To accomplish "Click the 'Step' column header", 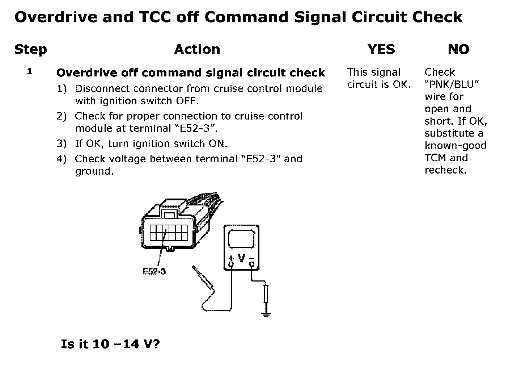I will tap(30, 50).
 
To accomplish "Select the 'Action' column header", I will tap(197, 49).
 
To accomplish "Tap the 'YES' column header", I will tap(381, 49).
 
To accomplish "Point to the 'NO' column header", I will tap(458, 49).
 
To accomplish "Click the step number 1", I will tap(30, 71).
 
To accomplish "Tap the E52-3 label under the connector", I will tap(154, 271).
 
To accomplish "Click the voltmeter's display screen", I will tap(241, 239).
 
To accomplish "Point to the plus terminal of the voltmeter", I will tap(231, 264).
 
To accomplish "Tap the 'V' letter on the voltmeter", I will tap(241, 259).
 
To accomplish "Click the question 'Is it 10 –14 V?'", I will tap(110, 344).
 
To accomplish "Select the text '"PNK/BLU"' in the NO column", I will tap(452, 84).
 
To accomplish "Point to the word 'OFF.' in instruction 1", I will tap(187, 101).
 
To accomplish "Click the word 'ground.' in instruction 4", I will tap(94, 171).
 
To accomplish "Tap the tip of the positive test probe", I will tap(194, 268).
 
